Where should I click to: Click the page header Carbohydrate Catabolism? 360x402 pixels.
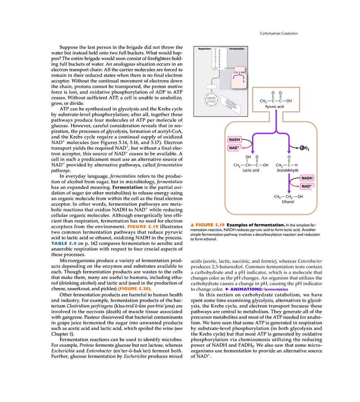(x=279, y=33)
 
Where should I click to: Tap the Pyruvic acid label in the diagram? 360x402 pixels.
(x=274, y=107)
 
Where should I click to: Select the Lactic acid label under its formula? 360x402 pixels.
(x=250, y=171)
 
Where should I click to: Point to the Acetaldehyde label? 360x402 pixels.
(x=287, y=171)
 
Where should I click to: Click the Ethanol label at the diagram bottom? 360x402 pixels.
(x=288, y=202)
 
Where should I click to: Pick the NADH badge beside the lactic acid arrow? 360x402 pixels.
(x=234, y=140)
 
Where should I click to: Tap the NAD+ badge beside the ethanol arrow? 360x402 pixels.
(x=306, y=186)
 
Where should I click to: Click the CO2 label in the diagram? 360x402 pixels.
(x=303, y=148)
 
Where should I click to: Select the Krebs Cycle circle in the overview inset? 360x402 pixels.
(x=211, y=100)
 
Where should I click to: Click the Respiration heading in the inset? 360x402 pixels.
(x=205, y=49)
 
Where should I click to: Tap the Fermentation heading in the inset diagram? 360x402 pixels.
(x=236, y=49)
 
